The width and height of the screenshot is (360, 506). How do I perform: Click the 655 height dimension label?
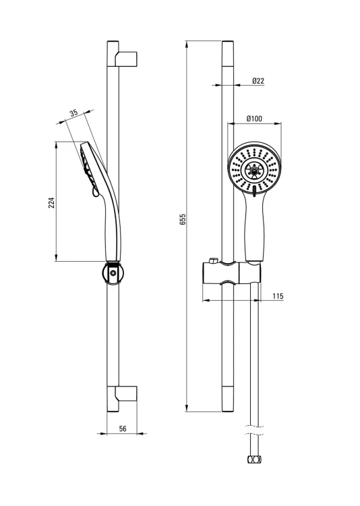[183, 219]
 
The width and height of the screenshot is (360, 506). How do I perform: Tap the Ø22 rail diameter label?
[258, 81]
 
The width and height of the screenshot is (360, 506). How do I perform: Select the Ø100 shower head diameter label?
[254, 119]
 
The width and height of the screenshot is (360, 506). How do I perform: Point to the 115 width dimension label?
[278, 296]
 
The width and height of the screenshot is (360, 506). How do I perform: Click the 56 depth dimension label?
[123, 428]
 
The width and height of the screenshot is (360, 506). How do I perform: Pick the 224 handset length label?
[52, 202]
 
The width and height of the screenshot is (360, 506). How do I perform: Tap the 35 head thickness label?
[74, 113]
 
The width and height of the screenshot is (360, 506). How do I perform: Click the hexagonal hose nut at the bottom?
[254, 459]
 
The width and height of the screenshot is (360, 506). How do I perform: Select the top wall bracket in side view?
[125, 59]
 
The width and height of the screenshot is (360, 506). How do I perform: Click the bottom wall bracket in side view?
[125, 393]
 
